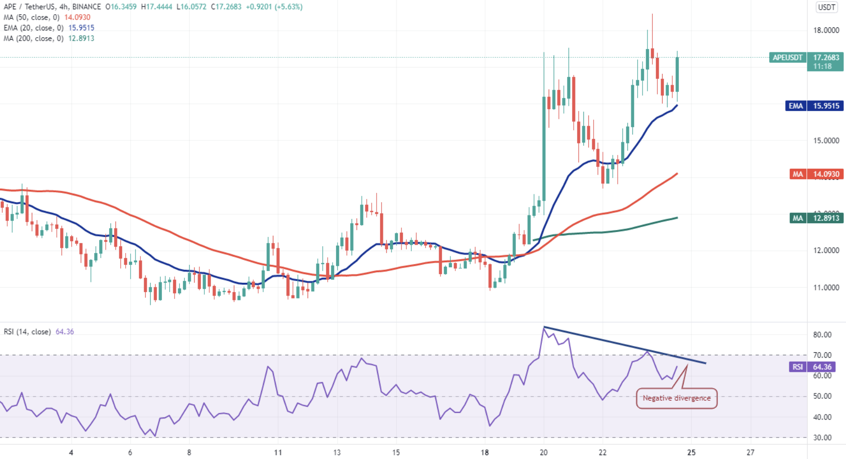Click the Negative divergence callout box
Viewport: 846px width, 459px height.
click(676, 398)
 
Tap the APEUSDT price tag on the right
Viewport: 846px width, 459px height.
click(787, 58)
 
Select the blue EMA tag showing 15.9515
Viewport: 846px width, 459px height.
click(814, 106)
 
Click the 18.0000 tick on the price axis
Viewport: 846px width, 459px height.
click(826, 30)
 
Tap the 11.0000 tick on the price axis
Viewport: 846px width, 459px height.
click(826, 288)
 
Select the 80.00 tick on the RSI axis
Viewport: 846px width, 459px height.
click(822, 335)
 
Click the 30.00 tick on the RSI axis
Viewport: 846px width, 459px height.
click(822, 437)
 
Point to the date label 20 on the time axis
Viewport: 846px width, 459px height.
click(544, 452)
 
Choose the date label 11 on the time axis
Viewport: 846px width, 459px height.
click(278, 452)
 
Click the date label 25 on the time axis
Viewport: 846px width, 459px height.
click(691, 452)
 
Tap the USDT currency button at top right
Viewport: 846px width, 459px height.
click(827, 7)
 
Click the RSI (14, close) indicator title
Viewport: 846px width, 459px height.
click(27, 332)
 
